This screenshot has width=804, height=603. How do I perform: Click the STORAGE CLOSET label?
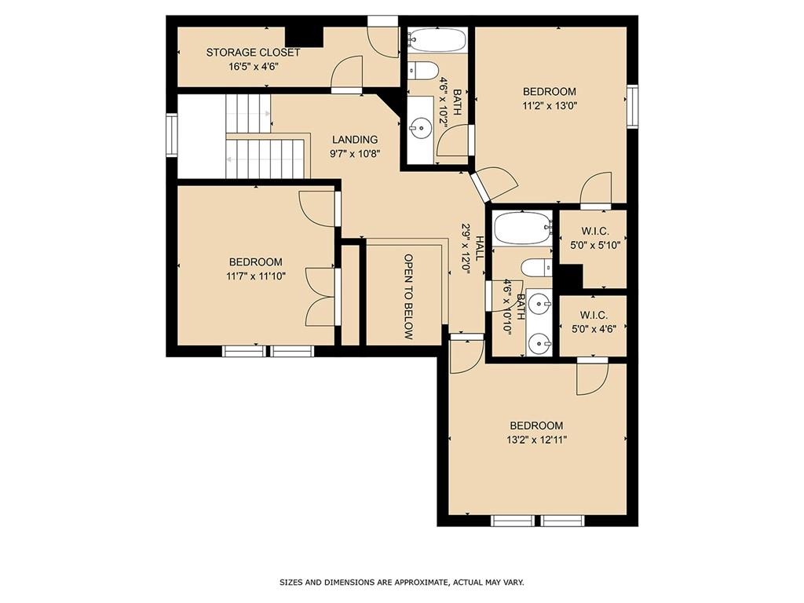(253, 53)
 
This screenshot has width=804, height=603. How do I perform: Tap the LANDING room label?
(355, 140)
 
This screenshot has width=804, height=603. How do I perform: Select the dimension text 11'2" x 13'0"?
(549, 106)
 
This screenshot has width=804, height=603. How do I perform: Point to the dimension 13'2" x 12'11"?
(536, 440)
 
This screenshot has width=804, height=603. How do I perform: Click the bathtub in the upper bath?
(437, 40)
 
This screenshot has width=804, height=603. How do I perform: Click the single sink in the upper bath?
(422, 126)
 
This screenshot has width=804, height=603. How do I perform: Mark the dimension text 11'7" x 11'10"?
(256, 276)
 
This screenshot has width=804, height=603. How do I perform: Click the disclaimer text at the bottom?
(402, 583)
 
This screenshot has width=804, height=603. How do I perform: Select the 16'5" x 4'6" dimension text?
(254, 67)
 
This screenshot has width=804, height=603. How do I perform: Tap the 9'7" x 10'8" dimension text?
(355, 153)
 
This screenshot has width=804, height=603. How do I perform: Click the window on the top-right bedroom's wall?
(633, 107)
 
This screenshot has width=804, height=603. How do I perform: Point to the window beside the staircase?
(171, 134)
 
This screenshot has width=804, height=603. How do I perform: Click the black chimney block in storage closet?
(304, 36)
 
